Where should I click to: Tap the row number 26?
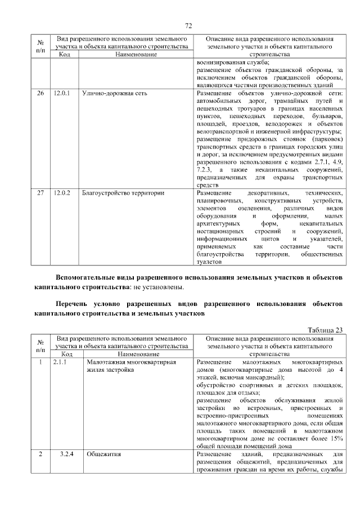tap(40, 93)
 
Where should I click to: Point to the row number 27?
tap(40, 193)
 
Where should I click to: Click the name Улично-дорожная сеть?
tap(114, 93)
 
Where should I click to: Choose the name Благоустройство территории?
tap(123, 193)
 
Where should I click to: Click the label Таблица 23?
tap(325, 330)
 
